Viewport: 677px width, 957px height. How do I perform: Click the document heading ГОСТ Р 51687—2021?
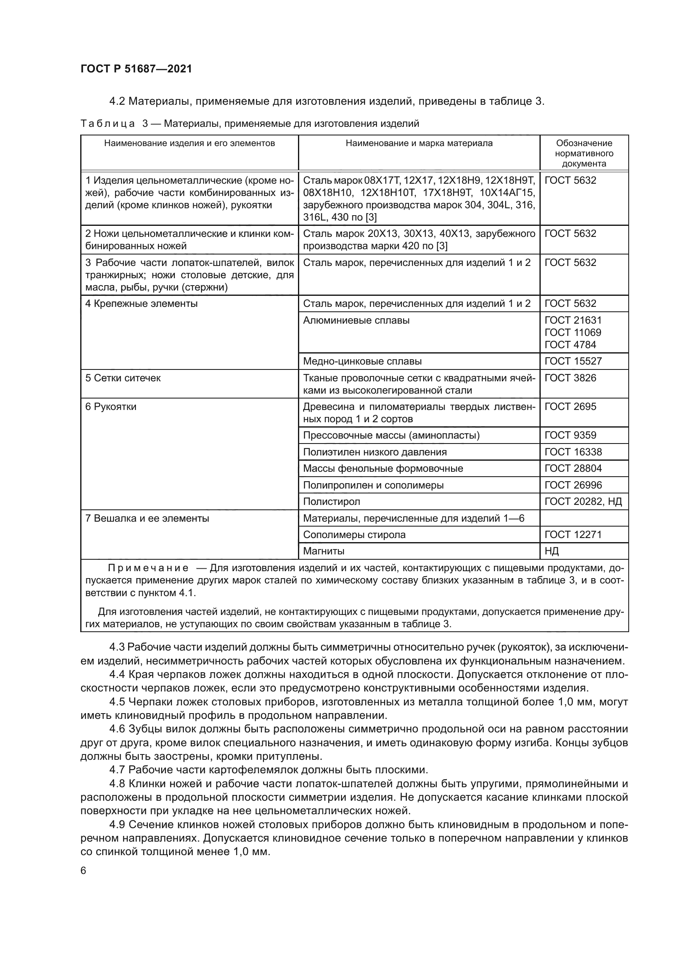[x=136, y=69]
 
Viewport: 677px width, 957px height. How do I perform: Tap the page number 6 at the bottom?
[x=83, y=870]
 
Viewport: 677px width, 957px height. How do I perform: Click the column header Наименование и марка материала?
[x=419, y=143]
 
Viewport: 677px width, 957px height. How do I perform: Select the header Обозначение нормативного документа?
[x=584, y=153]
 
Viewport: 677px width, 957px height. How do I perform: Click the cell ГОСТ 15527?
[x=573, y=361]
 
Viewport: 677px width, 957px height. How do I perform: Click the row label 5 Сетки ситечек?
[x=123, y=378]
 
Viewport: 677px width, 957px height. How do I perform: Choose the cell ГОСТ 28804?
[x=573, y=468]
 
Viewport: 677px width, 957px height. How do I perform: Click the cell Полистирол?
[x=332, y=502]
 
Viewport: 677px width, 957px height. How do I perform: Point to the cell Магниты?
[x=323, y=551]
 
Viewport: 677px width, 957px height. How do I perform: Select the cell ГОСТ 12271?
[x=573, y=534]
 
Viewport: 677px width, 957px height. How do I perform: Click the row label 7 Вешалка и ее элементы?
[x=147, y=518]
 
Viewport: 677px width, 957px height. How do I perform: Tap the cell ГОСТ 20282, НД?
[x=583, y=502]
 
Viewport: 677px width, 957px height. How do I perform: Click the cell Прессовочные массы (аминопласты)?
[x=391, y=435]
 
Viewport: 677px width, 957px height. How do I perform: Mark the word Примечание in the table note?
[x=148, y=568]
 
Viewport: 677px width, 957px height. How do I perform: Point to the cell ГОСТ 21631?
[x=573, y=320]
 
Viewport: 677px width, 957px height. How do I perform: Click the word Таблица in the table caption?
[x=108, y=124]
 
